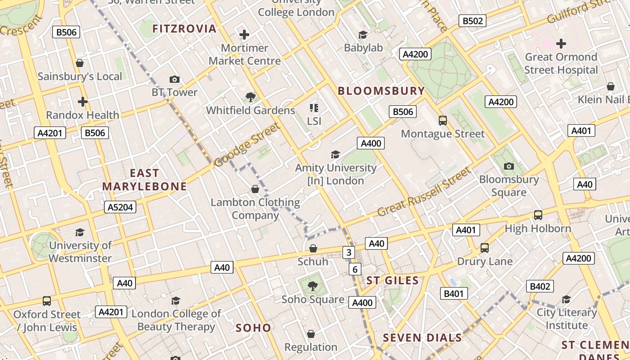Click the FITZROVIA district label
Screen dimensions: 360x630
tap(184, 29)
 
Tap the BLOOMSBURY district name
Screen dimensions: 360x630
tap(381, 91)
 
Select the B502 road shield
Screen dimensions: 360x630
tap(472, 21)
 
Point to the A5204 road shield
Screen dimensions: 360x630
tap(120, 207)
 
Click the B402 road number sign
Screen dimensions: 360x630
tap(540, 286)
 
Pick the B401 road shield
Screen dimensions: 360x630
tap(454, 294)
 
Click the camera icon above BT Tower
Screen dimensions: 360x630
tap(175, 80)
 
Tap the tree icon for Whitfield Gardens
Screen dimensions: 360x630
tap(250, 97)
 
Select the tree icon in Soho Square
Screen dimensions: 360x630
tap(313, 286)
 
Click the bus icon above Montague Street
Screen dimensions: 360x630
tap(443, 120)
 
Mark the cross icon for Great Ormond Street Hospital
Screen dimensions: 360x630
tap(561, 44)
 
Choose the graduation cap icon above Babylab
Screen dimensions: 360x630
tap(363, 35)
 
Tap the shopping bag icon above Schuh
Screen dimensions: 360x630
tap(313, 248)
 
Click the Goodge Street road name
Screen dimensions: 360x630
tap(247, 145)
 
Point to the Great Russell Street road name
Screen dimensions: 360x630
tap(424, 192)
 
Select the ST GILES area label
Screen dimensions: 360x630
tap(392, 281)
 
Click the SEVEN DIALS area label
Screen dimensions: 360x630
tap(422, 338)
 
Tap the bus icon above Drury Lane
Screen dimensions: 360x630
tap(485, 248)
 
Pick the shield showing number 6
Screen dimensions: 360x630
tap(355, 270)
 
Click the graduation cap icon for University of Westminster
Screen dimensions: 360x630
tap(80, 232)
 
